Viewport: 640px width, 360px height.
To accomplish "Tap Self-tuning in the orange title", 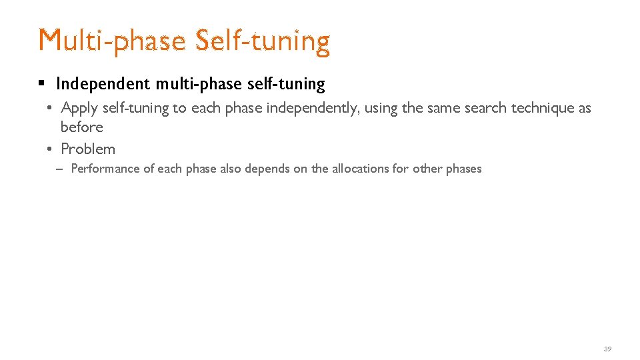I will pos(263,41).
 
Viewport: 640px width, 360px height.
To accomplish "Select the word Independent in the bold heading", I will pos(103,84).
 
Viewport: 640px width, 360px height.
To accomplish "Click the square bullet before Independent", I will pos(41,84).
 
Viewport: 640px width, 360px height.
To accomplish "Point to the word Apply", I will pos(79,108).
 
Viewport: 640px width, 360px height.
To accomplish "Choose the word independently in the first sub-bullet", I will pos(320,108).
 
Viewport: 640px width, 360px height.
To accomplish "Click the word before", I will pos(82,127).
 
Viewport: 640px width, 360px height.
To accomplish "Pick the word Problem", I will pos(88,149).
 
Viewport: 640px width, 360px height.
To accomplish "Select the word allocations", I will pos(360,169).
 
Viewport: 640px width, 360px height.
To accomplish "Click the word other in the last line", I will pos(427,169).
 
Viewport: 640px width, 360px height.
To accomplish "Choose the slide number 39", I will pos(607,349).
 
